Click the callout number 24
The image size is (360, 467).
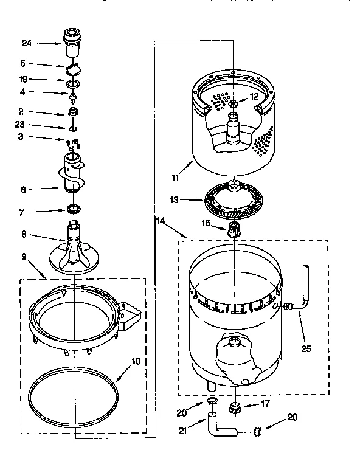tap(26, 43)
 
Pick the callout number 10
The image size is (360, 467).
tap(136, 361)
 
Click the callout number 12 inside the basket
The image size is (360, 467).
tap(254, 96)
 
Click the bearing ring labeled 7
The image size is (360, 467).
tap(73, 210)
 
